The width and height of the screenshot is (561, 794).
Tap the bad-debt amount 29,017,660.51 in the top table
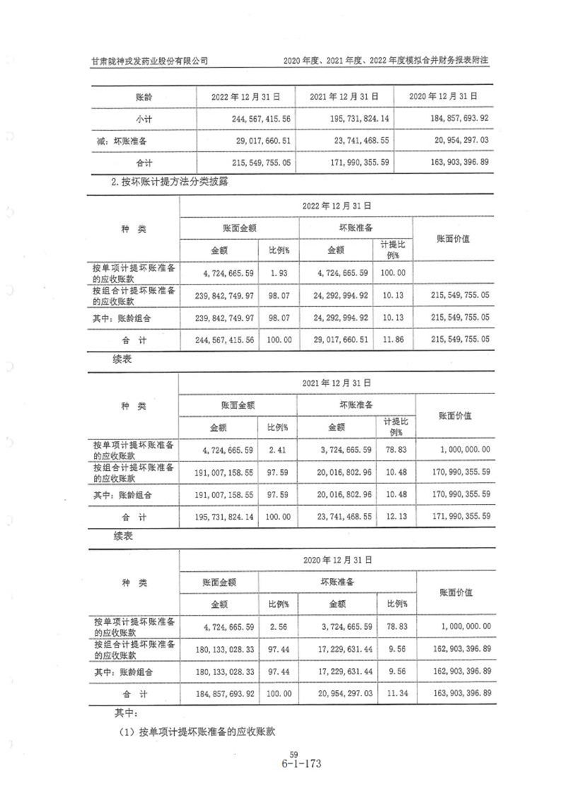click(x=252, y=142)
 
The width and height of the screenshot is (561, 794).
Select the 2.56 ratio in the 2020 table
click(x=278, y=626)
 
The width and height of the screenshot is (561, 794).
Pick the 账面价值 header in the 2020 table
click(x=456, y=592)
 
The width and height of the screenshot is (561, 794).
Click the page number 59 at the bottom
click(x=285, y=755)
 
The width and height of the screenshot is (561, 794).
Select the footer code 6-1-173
click(x=286, y=764)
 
